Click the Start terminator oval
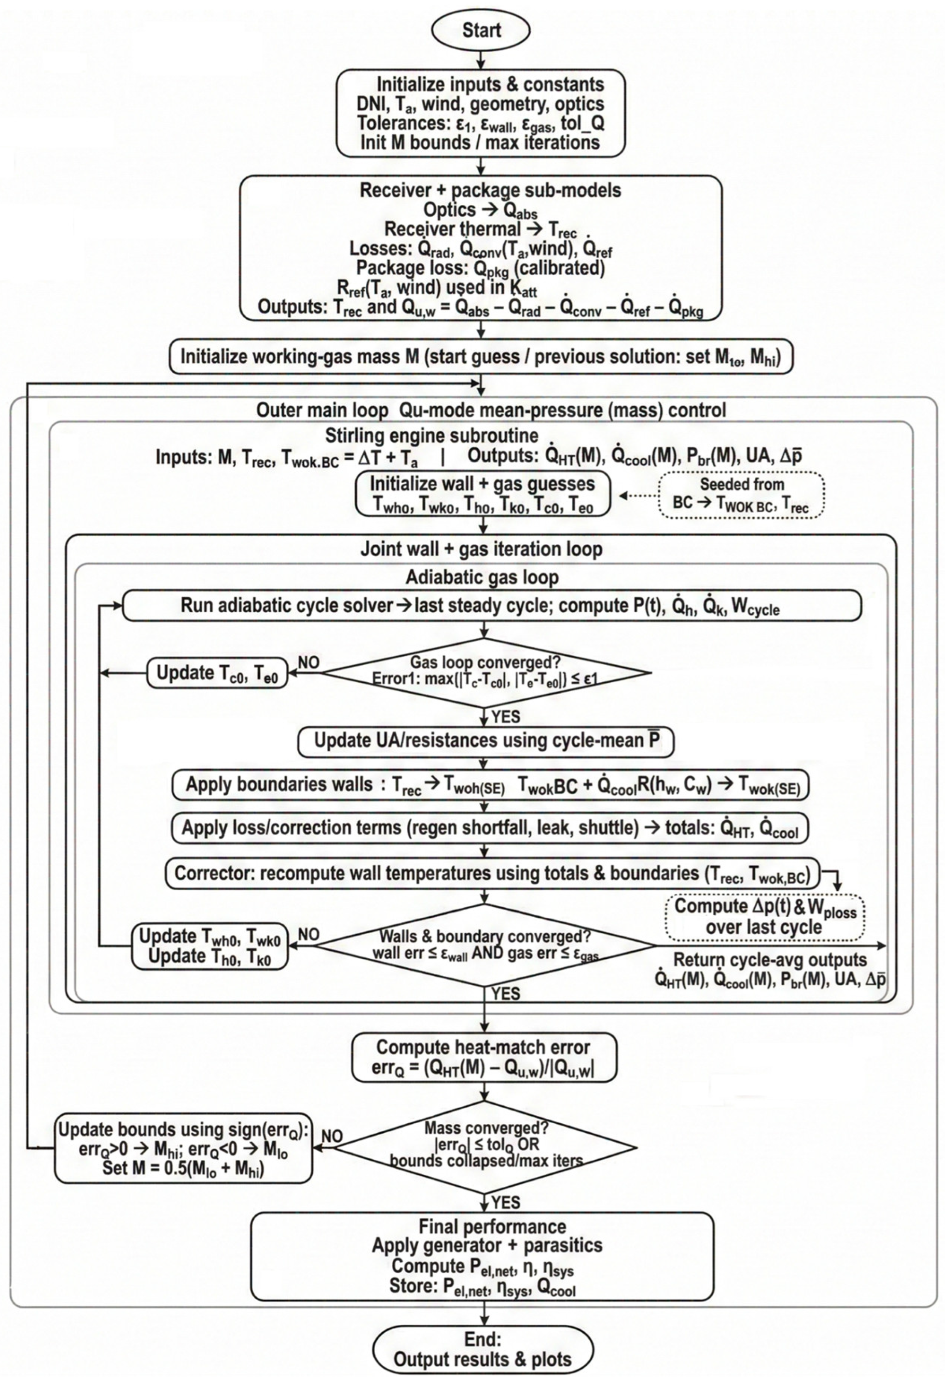(481, 30)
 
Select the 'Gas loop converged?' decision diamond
(486, 673)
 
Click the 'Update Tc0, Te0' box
(217, 673)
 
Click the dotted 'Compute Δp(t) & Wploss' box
(765, 917)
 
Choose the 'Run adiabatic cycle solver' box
(491, 606)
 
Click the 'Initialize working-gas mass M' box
(481, 357)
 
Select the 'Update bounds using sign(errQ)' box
(184, 1148)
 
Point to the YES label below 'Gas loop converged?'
(505, 716)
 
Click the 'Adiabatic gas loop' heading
(483, 577)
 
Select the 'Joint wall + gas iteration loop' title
(481, 548)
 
